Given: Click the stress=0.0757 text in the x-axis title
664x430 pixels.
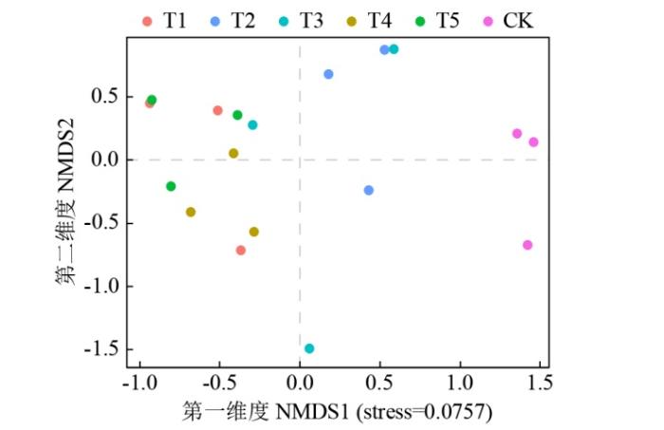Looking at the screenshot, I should coord(427,411).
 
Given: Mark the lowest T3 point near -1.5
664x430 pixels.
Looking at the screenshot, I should coord(309,348).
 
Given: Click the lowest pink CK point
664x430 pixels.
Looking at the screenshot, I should coord(527,245).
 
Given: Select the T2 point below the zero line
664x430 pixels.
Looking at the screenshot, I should coord(369,190).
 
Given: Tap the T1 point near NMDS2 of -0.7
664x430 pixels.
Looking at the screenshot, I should coord(241,251).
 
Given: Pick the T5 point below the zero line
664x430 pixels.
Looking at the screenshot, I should coord(171,186).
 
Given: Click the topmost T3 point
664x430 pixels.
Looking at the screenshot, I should coord(394,49).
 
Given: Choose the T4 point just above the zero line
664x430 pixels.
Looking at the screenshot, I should coord(233,153).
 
